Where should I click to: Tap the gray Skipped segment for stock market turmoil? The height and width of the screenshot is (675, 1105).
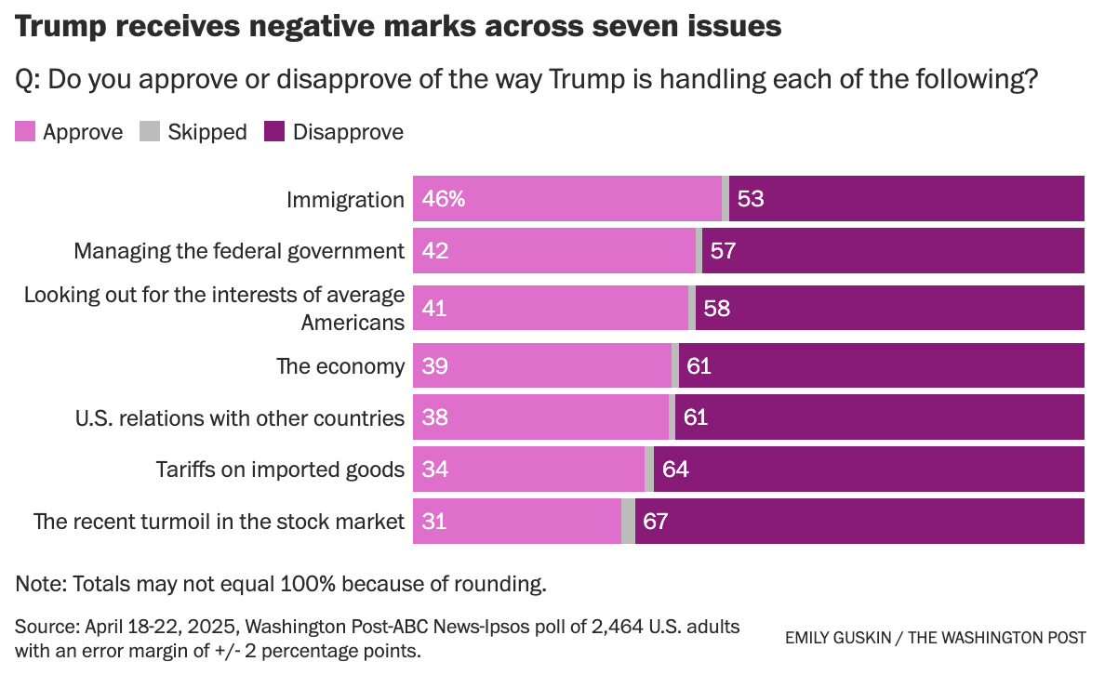click(628, 521)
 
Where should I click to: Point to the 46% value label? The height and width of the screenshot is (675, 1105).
click(443, 199)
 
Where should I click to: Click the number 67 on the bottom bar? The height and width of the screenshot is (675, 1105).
click(656, 521)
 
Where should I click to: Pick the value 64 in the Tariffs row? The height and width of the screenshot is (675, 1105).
click(675, 470)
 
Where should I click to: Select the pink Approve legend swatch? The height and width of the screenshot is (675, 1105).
click(25, 132)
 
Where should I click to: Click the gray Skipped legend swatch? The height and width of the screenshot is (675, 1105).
click(150, 132)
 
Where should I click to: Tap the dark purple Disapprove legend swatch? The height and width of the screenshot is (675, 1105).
click(274, 132)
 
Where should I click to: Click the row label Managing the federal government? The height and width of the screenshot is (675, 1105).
click(239, 251)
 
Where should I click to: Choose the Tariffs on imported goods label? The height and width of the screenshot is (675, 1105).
click(280, 470)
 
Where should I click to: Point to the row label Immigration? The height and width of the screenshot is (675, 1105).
click(345, 200)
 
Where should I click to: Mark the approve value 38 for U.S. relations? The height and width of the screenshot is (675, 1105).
click(434, 417)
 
